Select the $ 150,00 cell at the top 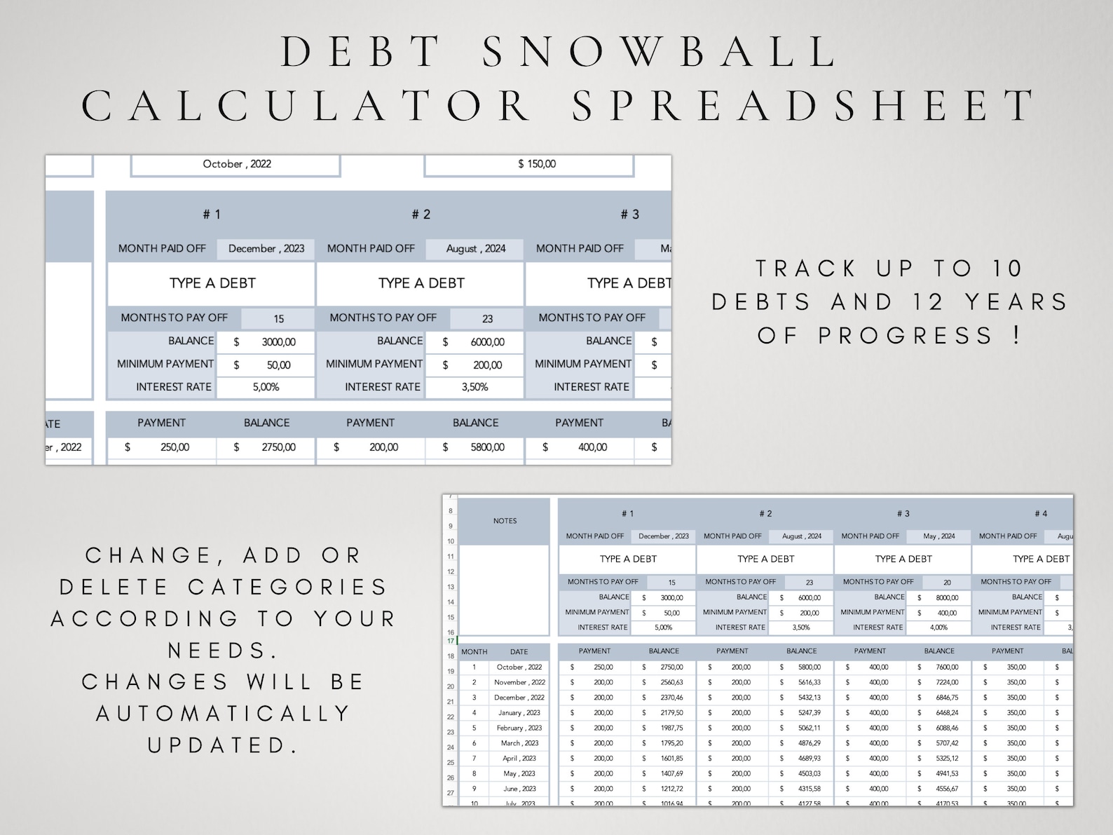click(x=537, y=164)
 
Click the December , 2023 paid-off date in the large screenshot click(x=266, y=249)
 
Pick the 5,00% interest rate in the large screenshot click(x=266, y=387)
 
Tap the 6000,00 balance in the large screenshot click(x=487, y=342)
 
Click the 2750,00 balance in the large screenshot click(x=278, y=447)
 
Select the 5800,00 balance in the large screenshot click(x=487, y=447)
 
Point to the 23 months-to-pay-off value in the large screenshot click(x=487, y=319)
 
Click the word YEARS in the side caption click(x=1016, y=302)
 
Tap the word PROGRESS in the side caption click(x=906, y=336)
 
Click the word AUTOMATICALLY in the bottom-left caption click(x=224, y=714)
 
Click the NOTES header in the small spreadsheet click(x=505, y=521)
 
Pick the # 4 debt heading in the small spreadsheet click(x=1041, y=514)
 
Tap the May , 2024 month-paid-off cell click(x=938, y=536)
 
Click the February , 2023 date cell click(x=519, y=728)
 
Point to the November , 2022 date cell click(x=519, y=682)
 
